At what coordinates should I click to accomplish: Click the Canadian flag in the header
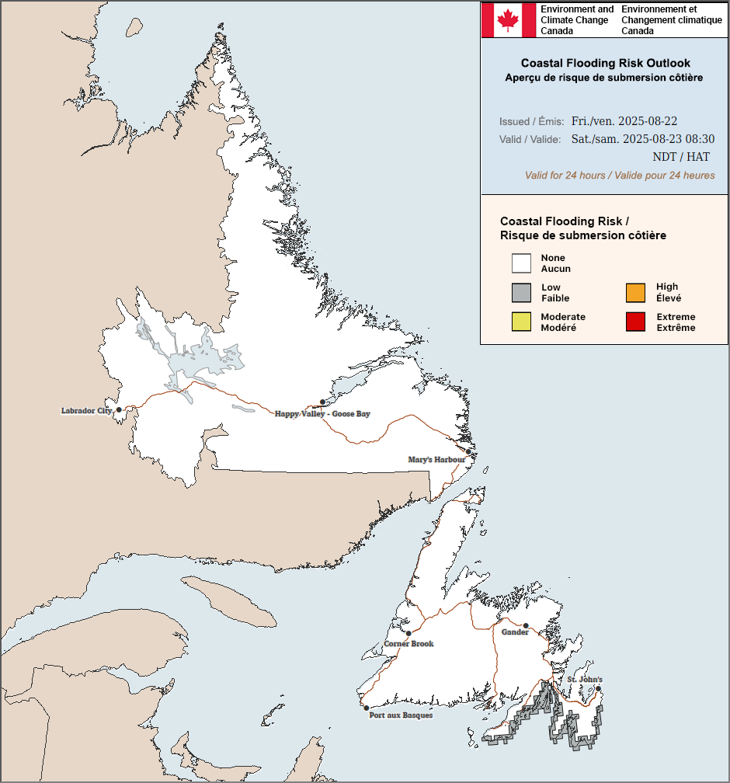click(x=508, y=19)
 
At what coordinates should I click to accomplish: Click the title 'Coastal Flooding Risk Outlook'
click(x=605, y=63)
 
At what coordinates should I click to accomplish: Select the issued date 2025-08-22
click(x=624, y=121)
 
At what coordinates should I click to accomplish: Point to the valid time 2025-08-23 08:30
click(x=642, y=139)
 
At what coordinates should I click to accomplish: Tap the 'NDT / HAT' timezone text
click(x=680, y=157)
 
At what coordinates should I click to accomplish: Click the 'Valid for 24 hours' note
click(x=620, y=176)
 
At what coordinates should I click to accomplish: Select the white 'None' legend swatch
click(x=521, y=263)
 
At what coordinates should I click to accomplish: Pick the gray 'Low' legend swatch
click(x=521, y=293)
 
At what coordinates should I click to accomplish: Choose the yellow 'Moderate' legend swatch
click(x=521, y=322)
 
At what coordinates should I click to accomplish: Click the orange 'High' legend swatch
click(x=635, y=293)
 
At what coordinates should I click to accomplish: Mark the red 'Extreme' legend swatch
click(x=635, y=322)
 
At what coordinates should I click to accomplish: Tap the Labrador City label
click(x=87, y=410)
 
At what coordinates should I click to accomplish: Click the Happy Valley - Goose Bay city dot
click(x=322, y=402)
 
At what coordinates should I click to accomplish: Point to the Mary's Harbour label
click(x=436, y=460)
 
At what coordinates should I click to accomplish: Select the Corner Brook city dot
click(x=408, y=633)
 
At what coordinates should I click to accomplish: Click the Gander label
click(x=515, y=632)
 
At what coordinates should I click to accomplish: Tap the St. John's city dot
click(x=599, y=688)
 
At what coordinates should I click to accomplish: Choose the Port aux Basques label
click(x=401, y=715)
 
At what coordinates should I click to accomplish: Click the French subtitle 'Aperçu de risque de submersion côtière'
click(x=603, y=78)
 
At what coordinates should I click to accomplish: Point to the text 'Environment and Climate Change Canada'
click(x=576, y=20)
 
